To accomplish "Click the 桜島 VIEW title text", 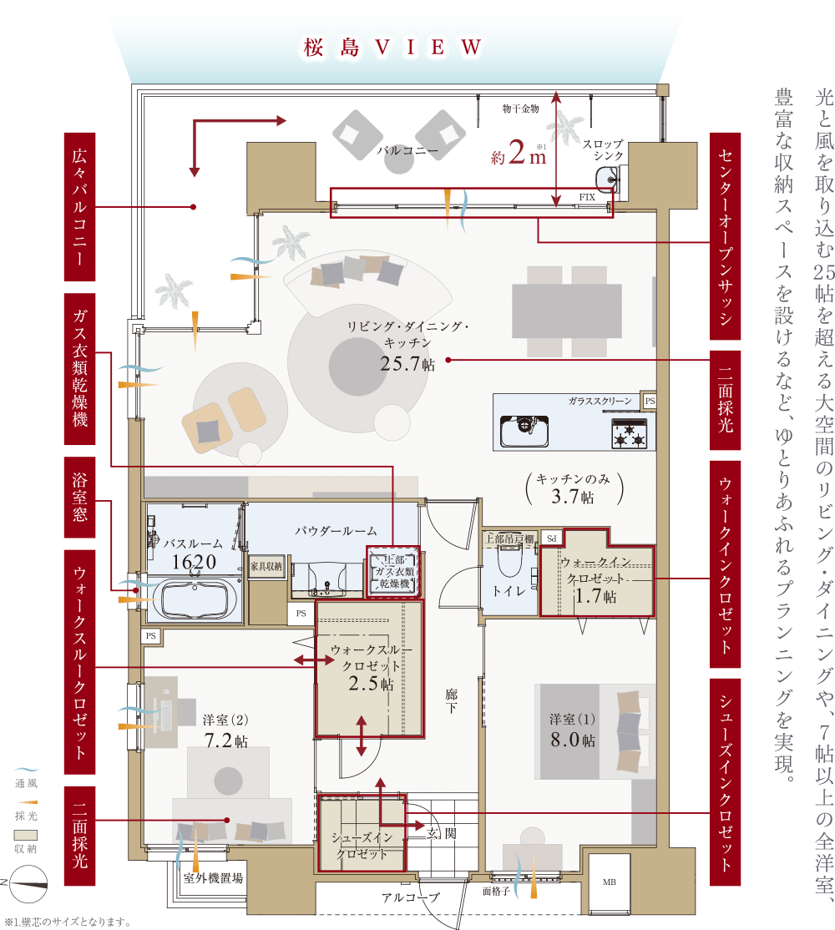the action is (392, 48).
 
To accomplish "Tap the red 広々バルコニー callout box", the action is (79, 206).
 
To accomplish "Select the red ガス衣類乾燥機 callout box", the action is (79, 368).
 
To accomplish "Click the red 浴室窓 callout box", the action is (79, 497).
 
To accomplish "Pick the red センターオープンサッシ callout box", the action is (726, 236).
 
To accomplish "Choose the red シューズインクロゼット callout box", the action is (726, 781).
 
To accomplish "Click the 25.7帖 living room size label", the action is (407, 364).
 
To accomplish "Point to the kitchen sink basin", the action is (524, 432).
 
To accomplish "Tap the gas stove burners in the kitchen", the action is (630, 433).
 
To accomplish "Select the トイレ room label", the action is (509, 591).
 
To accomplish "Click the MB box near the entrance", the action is (610, 882).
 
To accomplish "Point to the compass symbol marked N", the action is (28, 884).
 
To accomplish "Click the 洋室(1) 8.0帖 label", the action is (572, 730).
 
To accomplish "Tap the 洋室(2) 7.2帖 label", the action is (225, 730).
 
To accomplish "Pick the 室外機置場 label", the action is (213, 878).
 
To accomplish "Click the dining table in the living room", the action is (567, 311).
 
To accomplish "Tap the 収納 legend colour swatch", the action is (26, 835).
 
